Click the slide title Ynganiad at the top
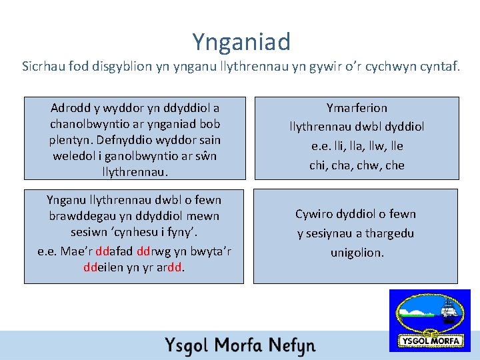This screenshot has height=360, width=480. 241,42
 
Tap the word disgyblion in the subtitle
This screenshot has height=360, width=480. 127,67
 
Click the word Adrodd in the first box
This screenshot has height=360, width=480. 70,107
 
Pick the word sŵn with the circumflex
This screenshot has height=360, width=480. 207,156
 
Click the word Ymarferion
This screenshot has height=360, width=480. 357,107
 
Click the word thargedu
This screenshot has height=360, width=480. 390,233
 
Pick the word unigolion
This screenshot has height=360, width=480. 357,253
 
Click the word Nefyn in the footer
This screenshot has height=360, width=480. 291,346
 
